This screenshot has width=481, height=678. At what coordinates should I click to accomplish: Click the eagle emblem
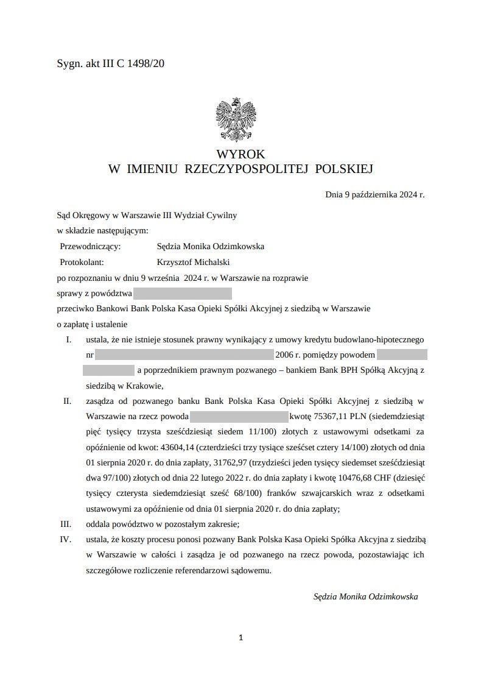pos(236,119)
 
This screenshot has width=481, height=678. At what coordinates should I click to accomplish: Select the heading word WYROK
pos(240,155)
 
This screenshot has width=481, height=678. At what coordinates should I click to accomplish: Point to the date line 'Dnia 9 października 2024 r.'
pos(374,195)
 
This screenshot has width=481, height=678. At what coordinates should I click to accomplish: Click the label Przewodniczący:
pos(91,247)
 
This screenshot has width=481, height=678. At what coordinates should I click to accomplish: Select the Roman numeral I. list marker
pos(68,339)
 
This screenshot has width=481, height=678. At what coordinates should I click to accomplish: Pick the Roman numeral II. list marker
pos(67,401)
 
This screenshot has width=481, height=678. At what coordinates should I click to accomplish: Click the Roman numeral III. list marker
pos(66,524)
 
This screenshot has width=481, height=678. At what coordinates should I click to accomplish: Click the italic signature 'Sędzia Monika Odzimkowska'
pos(365,597)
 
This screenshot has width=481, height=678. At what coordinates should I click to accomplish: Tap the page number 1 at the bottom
pos(241,638)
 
